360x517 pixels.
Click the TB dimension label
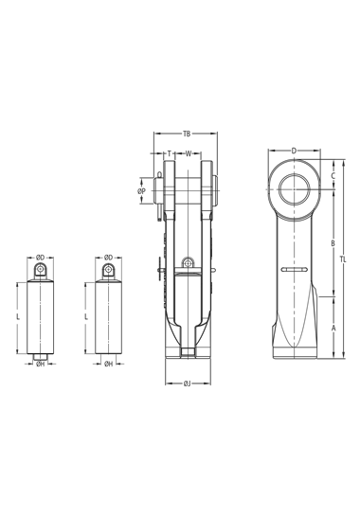pyautogui.click(x=187, y=134)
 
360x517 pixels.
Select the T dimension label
pyautogui.click(x=170, y=153)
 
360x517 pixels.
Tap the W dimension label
pyautogui.click(x=189, y=153)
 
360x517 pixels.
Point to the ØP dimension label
pyautogui.click(x=142, y=191)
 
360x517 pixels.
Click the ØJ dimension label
pyautogui.click(x=187, y=383)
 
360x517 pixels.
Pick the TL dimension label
pyautogui.click(x=343, y=259)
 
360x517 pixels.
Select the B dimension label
pyautogui.click(x=333, y=243)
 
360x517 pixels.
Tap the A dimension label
pyautogui.click(x=333, y=328)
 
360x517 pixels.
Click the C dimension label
pyautogui.click(x=333, y=175)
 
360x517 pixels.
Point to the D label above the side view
pyautogui.click(x=294, y=151)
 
